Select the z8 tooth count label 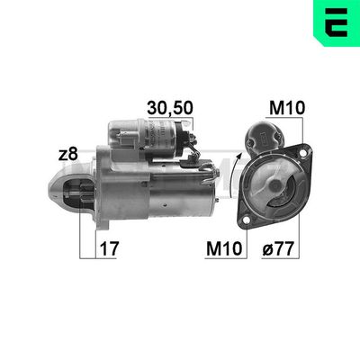coord(67,154)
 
